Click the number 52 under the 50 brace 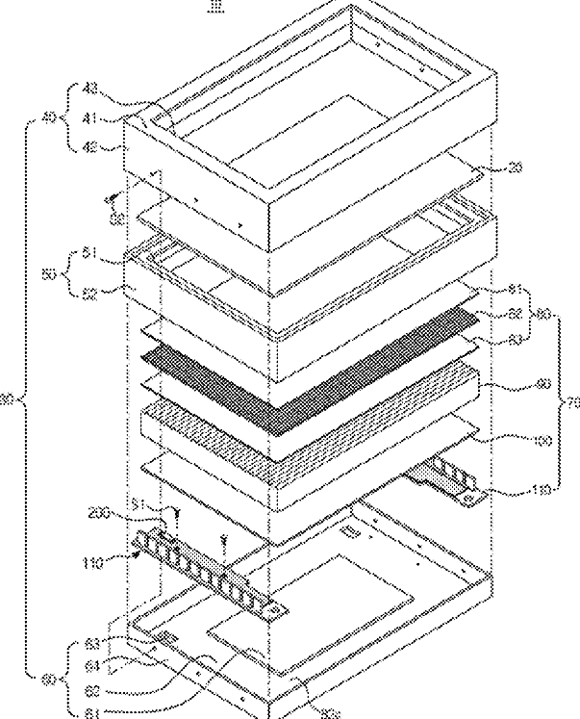[x=117, y=287]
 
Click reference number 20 [x=516, y=168]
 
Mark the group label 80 [x=545, y=315]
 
